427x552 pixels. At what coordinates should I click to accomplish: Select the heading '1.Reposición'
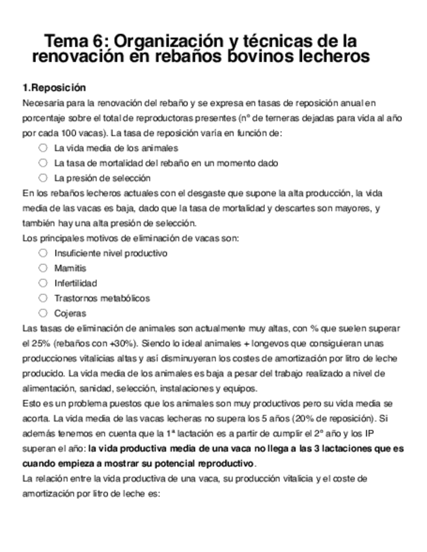(54, 88)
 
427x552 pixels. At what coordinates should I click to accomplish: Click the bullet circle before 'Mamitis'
(43, 268)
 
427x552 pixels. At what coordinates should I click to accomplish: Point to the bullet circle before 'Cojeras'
(43, 313)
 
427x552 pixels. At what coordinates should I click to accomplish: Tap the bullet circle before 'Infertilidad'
(43, 283)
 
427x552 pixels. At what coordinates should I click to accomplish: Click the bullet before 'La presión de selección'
(43, 177)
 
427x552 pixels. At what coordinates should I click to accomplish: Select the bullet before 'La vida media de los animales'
(43, 148)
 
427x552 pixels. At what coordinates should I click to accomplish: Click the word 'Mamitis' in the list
(70, 268)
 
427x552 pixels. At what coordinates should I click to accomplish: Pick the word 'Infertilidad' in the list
(76, 283)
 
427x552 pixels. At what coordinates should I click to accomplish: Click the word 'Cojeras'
(70, 314)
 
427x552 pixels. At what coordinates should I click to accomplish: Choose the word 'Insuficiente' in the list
(77, 253)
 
